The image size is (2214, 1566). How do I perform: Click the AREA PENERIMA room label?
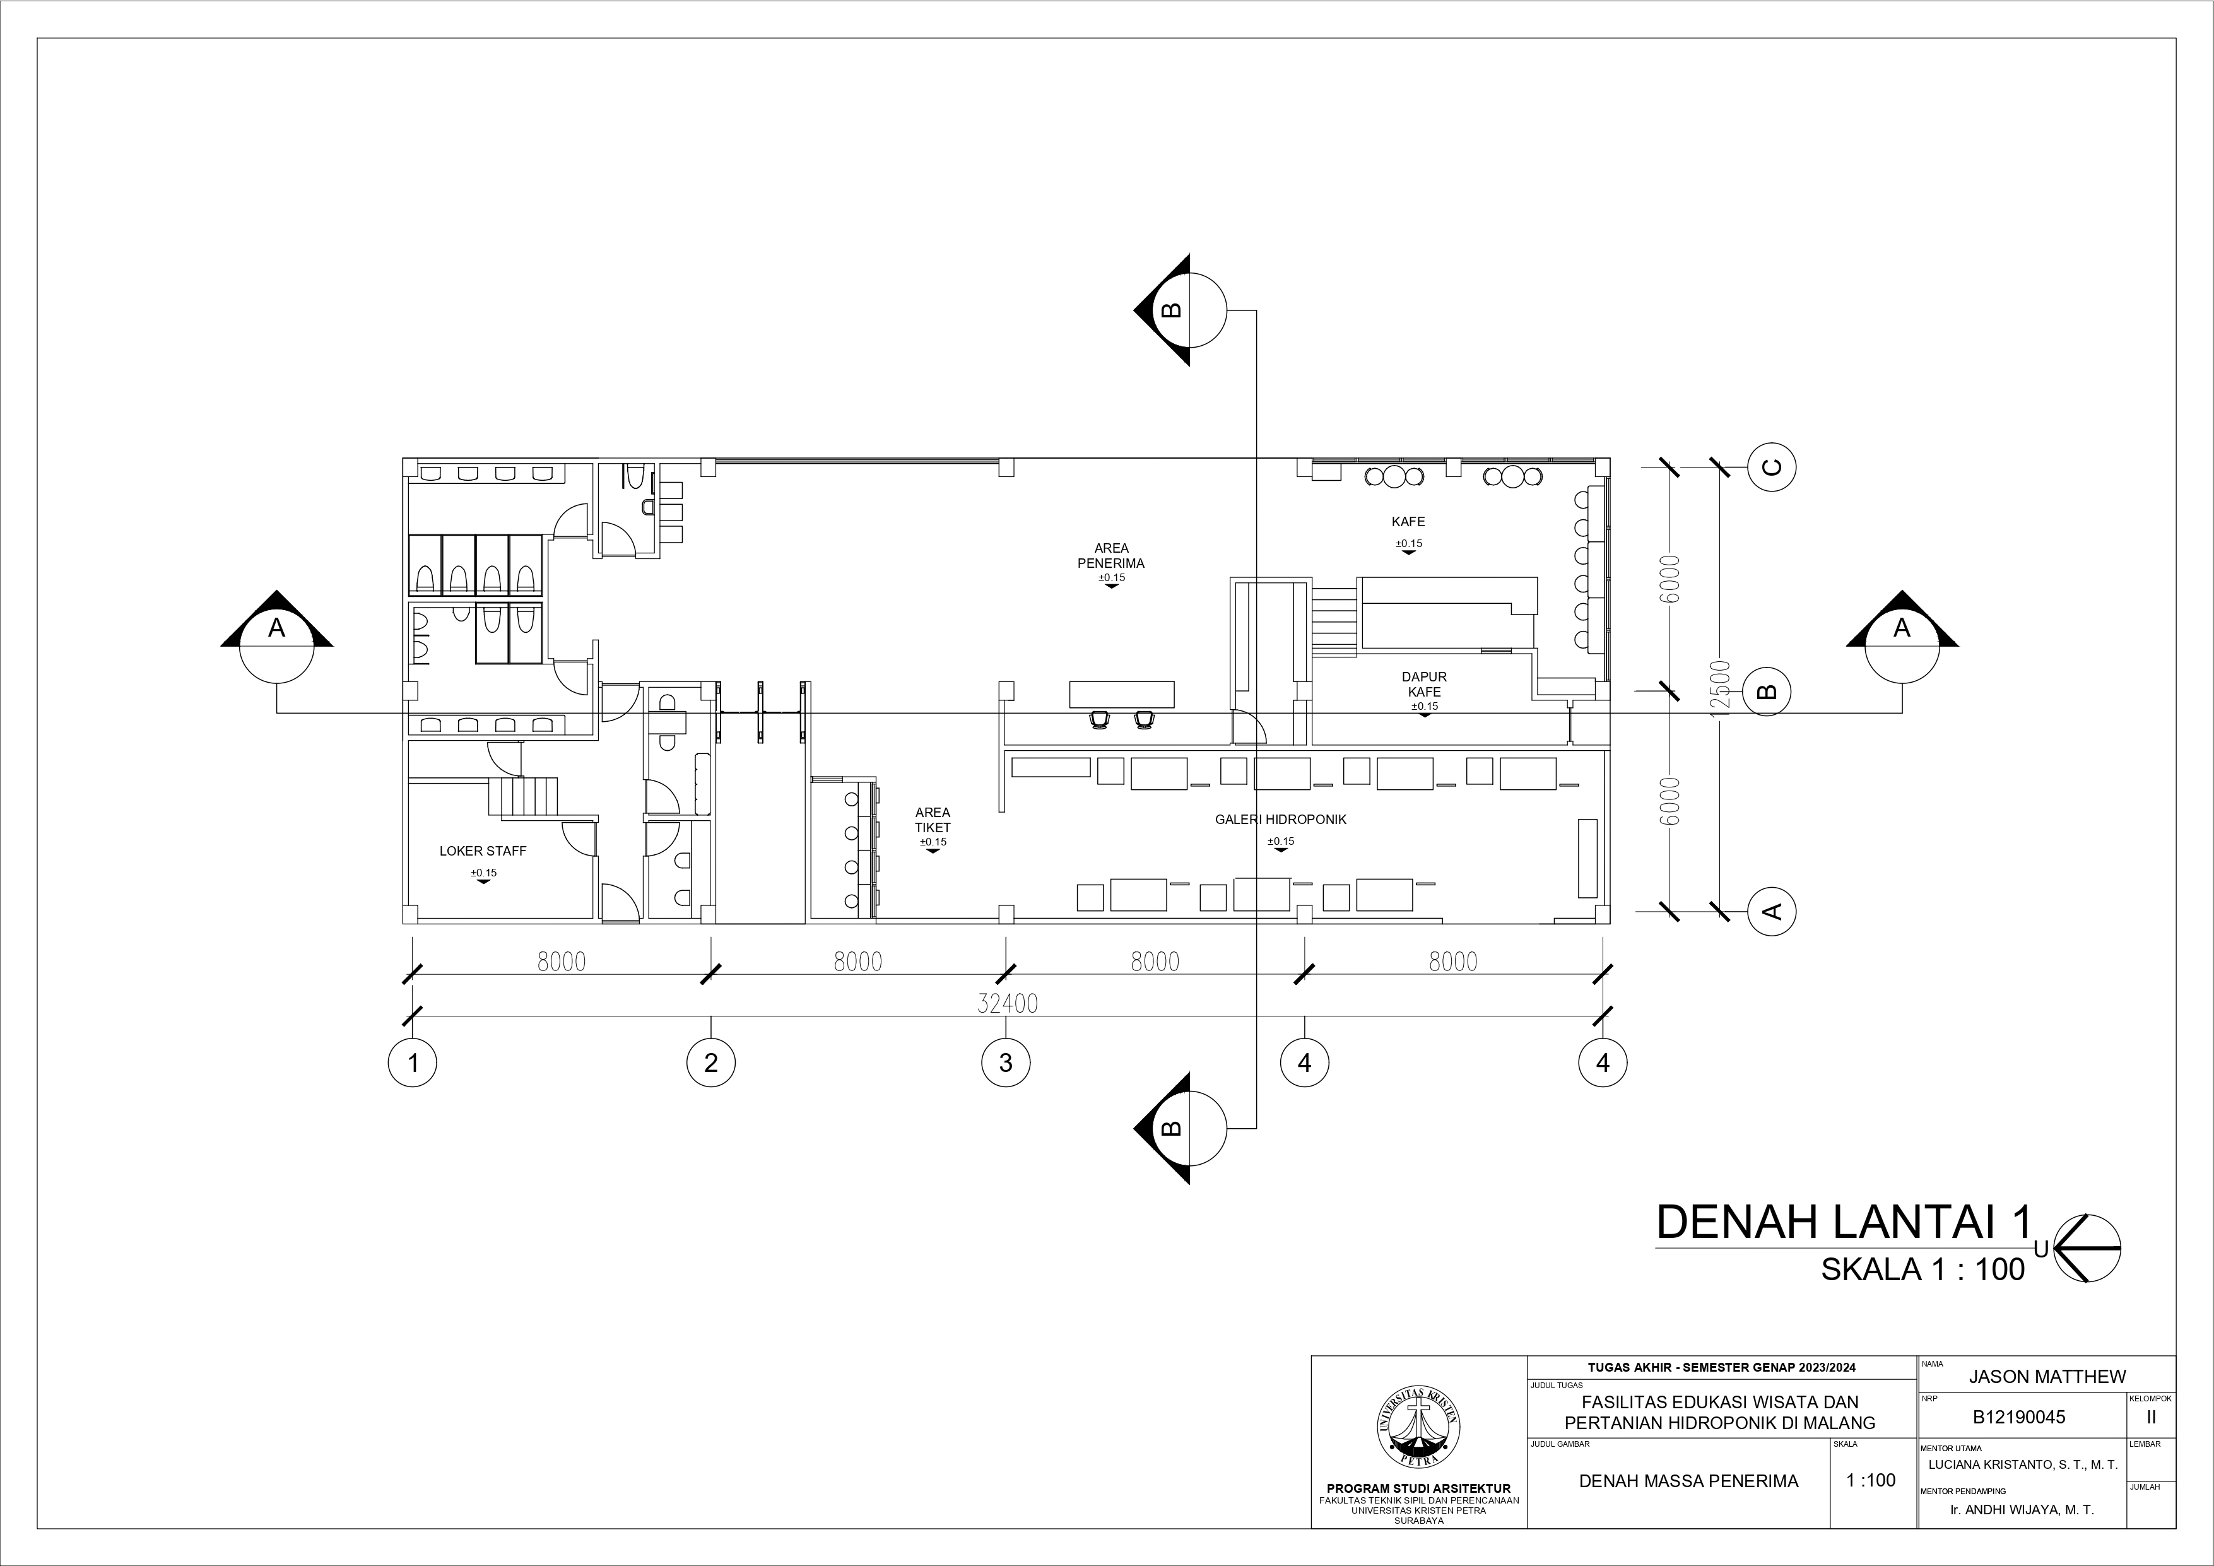pyautogui.click(x=1111, y=555)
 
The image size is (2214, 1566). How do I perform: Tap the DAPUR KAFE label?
pyautogui.click(x=1424, y=685)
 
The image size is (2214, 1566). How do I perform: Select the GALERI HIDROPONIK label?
pyautogui.click(x=1281, y=820)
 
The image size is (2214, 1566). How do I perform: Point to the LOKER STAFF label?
pyautogui.click(x=483, y=852)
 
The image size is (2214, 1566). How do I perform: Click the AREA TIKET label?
pyautogui.click(x=933, y=820)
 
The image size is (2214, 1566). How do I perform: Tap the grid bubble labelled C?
pyautogui.click(x=1772, y=468)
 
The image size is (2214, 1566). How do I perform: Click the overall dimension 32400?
pyautogui.click(x=1008, y=1004)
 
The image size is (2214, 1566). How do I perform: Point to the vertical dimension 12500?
pyautogui.click(x=1725, y=685)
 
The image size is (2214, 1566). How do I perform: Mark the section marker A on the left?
pyautogui.click(x=277, y=637)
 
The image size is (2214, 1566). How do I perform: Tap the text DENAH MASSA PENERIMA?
pyautogui.click(x=1688, y=1480)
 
